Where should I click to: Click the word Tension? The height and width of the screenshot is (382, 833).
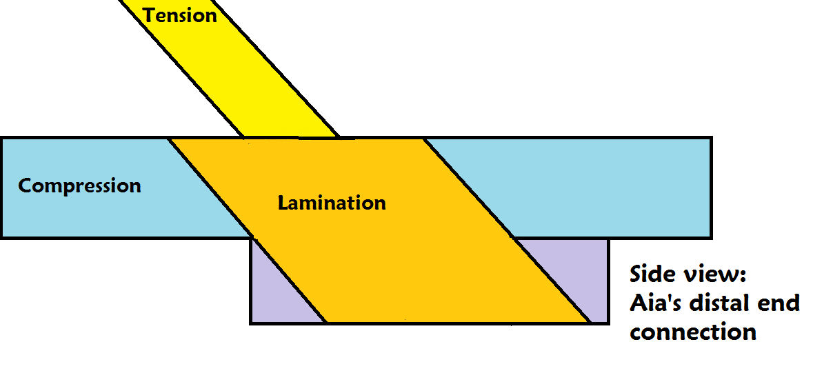pyautogui.click(x=180, y=14)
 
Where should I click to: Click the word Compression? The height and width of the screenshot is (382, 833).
pyautogui.click(x=79, y=185)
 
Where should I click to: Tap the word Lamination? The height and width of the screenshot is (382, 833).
pyautogui.click(x=332, y=203)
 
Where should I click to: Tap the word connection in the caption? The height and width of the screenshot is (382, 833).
pyautogui.click(x=693, y=332)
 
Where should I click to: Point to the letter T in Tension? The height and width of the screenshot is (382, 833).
pyautogui.click(x=148, y=14)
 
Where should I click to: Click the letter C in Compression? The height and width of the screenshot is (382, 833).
pyautogui.click(x=25, y=185)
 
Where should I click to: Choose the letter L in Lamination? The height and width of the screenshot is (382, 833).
pyautogui.click(x=283, y=203)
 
